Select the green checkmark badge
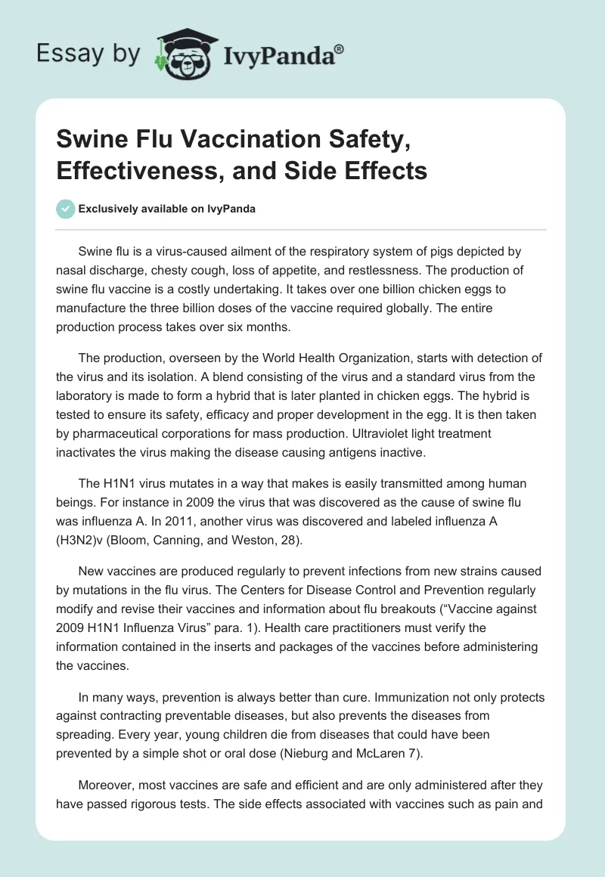(x=66, y=209)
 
